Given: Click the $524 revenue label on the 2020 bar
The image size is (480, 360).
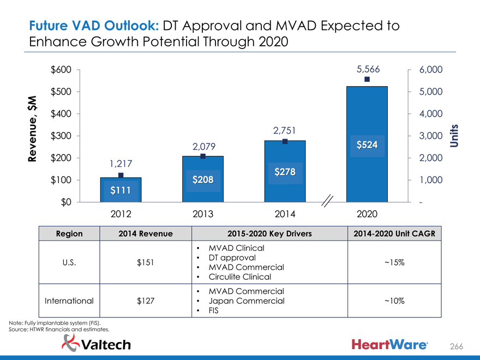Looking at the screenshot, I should coord(367,145).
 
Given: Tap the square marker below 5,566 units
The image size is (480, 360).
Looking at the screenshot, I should coord(367,80).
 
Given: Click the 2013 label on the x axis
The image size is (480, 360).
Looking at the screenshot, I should coord(202,214).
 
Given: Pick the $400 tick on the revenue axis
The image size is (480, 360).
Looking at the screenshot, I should coord(61,114).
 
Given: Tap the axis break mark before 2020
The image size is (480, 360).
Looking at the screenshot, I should coord(329,201).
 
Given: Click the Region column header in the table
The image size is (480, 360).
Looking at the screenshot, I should coord(69,233).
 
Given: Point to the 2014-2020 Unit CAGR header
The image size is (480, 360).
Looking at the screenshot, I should coord(394,233).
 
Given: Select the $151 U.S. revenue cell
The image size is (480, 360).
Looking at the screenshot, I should coord(146,262).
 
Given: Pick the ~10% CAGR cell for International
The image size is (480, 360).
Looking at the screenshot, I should coord(394,301).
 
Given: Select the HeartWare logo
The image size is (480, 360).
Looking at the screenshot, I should coord(394,344).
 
